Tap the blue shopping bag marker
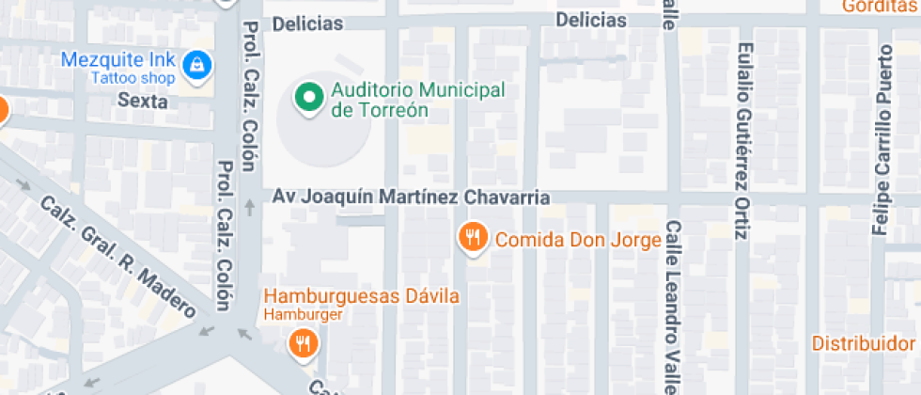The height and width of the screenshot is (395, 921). [x=198, y=65]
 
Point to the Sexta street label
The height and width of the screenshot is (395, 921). [x=143, y=101]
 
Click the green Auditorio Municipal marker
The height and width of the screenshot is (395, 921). [x=306, y=98]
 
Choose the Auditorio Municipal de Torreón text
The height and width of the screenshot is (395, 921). [x=417, y=100]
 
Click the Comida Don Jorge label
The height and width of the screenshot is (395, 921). [x=578, y=239]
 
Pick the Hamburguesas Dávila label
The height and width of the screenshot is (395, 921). [x=361, y=297]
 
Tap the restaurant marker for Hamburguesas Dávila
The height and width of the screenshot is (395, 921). [x=303, y=344]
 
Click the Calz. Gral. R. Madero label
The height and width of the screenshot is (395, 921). [x=117, y=255]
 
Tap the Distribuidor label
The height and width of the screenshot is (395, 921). [x=864, y=342]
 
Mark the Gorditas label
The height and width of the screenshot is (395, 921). [x=880, y=7]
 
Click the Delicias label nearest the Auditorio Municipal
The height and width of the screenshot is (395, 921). [x=307, y=24]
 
